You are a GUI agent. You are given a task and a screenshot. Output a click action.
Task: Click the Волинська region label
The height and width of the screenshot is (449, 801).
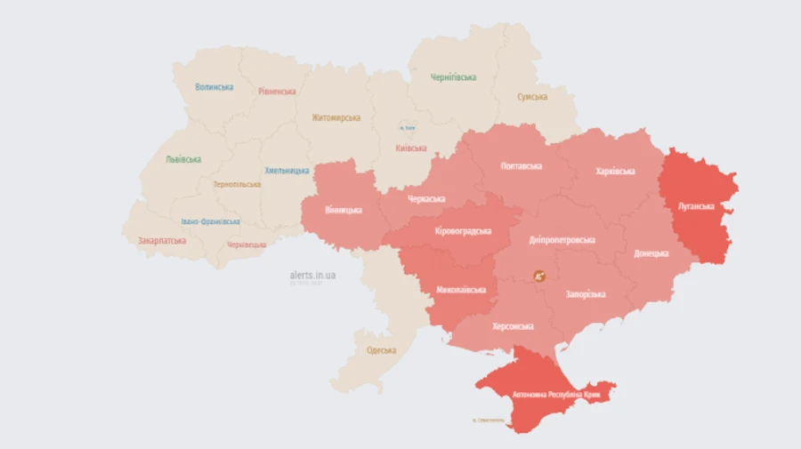[214, 87]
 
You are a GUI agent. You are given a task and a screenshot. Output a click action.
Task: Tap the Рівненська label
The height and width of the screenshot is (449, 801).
[277, 92]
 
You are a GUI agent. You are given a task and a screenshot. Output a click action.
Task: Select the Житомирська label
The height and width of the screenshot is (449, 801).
[336, 117]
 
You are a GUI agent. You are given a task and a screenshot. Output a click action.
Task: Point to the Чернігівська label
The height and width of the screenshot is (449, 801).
[453, 77]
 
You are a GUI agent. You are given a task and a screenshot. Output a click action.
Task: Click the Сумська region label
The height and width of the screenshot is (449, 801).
[532, 96]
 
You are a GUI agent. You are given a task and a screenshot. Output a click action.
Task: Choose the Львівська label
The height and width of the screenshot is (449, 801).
[183, 160]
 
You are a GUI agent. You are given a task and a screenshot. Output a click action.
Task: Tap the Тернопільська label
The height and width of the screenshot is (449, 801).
[237, 184]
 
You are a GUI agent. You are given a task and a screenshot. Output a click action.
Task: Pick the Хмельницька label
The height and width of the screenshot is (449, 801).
[287, 170]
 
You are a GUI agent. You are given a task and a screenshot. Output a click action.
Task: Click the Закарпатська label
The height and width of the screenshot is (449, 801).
[162, 241]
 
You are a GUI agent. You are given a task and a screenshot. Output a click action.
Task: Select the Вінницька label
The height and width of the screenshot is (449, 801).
[344, 210]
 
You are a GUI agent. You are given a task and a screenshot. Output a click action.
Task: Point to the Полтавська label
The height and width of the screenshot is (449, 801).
[522, 166]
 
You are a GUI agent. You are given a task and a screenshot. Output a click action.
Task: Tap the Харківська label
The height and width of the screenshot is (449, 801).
[615, 171]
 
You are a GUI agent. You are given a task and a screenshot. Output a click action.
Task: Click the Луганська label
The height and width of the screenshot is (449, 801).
[696, 205]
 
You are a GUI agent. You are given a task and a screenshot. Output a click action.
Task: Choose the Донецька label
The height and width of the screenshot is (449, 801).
[651, 253]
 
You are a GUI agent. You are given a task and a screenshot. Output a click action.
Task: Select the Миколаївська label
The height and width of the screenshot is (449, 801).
[462, 290]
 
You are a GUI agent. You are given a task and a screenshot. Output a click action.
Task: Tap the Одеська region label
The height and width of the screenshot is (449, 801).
[381, 350]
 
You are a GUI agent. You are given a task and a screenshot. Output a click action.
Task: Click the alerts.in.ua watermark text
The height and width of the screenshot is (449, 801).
[312, 276]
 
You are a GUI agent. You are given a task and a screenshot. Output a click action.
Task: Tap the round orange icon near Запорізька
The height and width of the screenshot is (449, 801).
[539, 277]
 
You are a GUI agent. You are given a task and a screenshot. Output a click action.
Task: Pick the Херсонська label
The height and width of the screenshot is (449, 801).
[514, 326]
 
